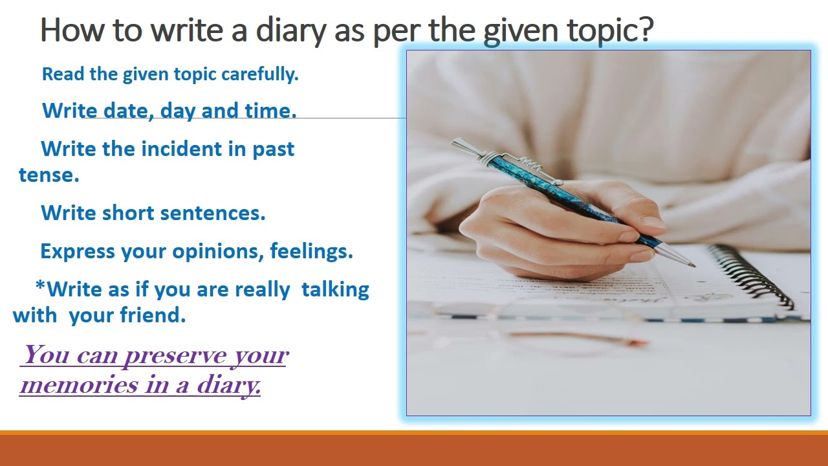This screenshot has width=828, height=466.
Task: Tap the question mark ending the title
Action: pos(645,30)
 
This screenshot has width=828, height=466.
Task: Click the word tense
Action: pos(49,175)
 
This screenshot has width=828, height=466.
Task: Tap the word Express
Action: pos(78,251)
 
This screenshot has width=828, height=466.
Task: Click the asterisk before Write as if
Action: pos(40,287)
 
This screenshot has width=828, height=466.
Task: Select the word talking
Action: pos(335,289)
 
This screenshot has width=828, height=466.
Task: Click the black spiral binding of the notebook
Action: pos(750,275)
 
